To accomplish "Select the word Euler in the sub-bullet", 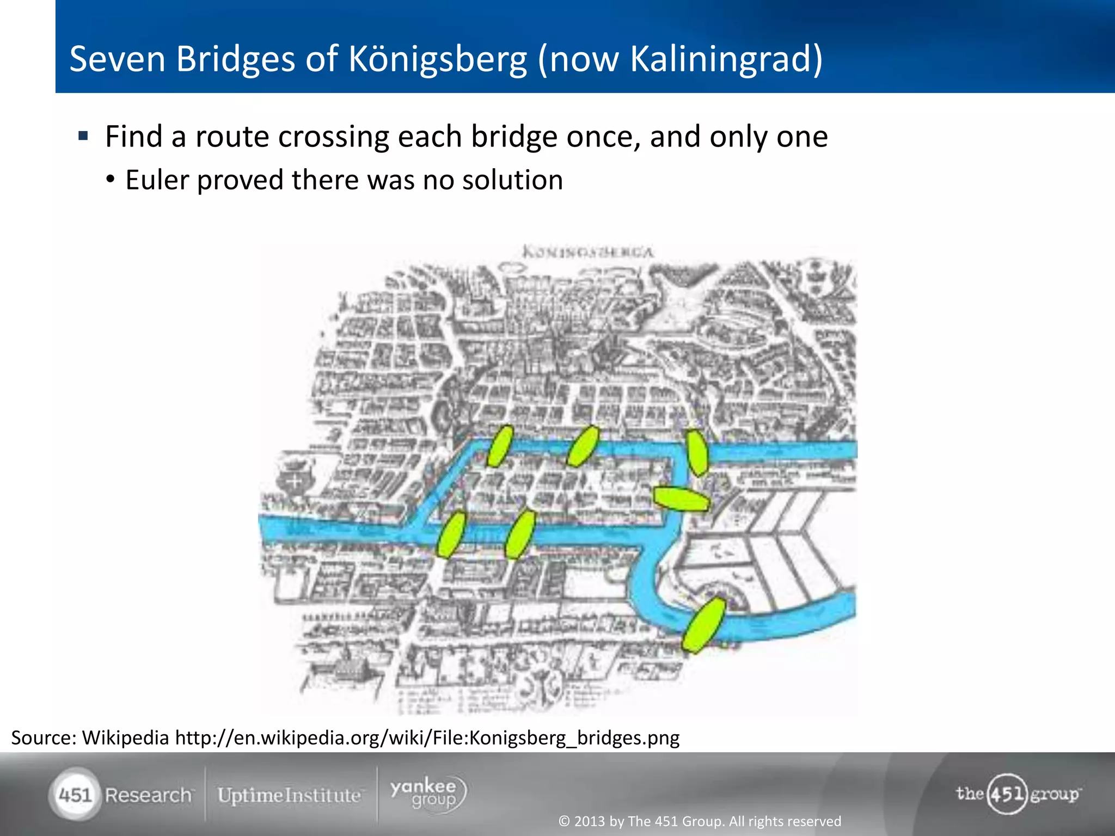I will click(157, 180).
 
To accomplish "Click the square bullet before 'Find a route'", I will click(83, 136).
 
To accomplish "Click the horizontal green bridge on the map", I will click(681, 499).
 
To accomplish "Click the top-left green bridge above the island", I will click(500, 446).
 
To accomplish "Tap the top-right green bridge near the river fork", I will click(697, 452).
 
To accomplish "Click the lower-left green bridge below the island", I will click(451, 534).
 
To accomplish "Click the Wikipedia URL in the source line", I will click(427, 738).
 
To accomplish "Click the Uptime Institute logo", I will click(289, 796).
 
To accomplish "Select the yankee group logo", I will click(428, 794).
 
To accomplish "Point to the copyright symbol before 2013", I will click(564, 821).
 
